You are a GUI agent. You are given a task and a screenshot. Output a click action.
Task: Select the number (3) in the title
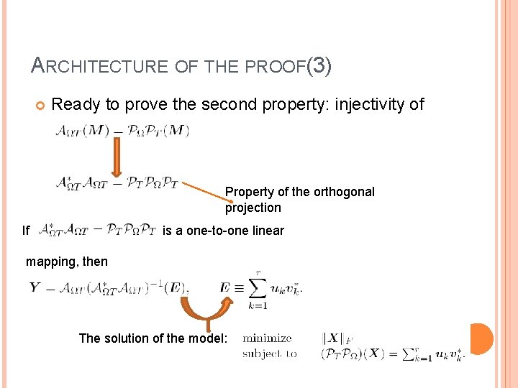pyautogui.click(x=319, y=66)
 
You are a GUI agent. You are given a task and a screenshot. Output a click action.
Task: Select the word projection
pyautogui.click(x=253, y=208)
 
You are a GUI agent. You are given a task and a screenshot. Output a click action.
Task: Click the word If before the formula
pyautogui.click(x=26, y=231)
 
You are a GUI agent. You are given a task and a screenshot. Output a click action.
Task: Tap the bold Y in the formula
pyautogui.click(x=35, y=287)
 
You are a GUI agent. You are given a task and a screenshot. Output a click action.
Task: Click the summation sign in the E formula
pyautogui.click(x=257, y=288)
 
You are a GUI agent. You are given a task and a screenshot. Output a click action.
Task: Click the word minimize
pyautogui.click(x=267, y=338)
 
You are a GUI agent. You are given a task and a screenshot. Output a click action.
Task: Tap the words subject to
pyautogui.click(x=270, y=353)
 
